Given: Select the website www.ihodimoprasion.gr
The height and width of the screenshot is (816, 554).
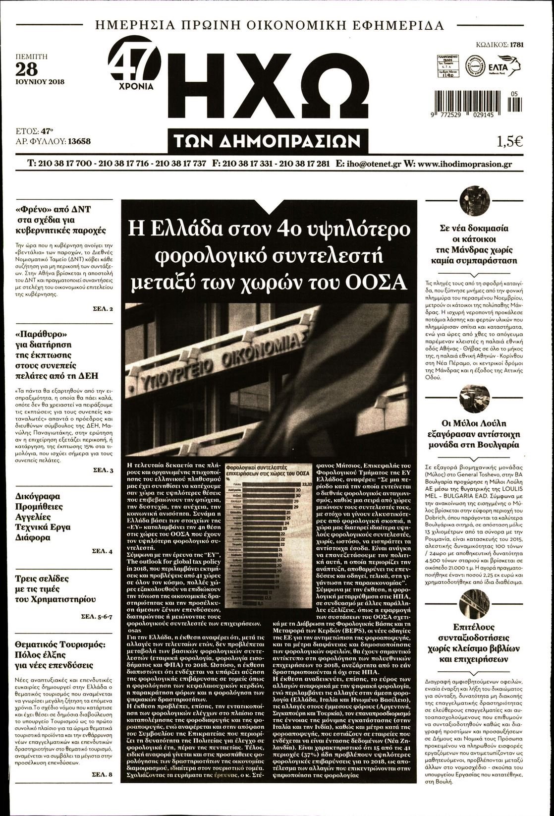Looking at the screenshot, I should (465, 164).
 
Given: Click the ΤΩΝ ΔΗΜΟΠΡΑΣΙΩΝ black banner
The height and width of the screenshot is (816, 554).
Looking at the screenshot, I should (271, 142).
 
